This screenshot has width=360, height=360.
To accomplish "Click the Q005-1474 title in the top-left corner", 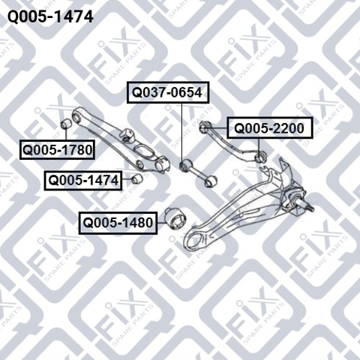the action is click(x=50, y=17).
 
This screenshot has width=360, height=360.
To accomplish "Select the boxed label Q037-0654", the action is click(x=167, y=92).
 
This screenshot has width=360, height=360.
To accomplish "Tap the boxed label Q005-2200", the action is click(x=270, y=128).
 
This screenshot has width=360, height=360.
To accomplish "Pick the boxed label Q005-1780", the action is click(x=57, y=150).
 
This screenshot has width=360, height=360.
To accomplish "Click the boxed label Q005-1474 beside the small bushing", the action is click(x=83, y=181).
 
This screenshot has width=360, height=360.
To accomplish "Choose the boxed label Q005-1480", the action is click(x=118, y=223).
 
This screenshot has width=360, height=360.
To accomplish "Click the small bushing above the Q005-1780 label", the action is click(x=66, y=123).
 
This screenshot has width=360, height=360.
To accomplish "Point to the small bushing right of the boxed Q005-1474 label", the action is click(x=137, y=178).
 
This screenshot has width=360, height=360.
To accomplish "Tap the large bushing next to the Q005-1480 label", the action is click(x=175, y=217).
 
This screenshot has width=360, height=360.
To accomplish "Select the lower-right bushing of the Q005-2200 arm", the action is click(x=259, y=156).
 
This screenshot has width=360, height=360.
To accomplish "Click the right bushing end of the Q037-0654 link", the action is click(x=210, y=182).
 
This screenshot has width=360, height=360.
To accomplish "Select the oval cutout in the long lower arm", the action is click(x=143, y=151).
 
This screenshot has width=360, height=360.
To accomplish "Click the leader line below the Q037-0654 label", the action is click(x=181, y=132).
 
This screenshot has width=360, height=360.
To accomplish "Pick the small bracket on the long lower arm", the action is click(x=127, y=135).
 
